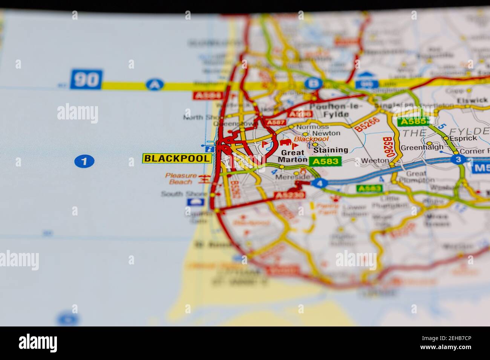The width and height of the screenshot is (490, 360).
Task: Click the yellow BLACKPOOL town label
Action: (x=177, y=159)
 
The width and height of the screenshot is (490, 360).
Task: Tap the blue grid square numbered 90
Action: (x=86, y=79)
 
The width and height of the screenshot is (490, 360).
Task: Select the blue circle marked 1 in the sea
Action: (x=84, y=162)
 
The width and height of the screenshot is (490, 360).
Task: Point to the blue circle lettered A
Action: (x=153, y=85)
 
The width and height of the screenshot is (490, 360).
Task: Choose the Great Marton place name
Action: (x=292, y=156)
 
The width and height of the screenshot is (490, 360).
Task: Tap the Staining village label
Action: (x=331, y=150)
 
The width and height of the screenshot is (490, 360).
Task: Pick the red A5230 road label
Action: (x=289, y=195)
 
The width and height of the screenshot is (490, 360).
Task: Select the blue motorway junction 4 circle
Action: (x=320, y=184)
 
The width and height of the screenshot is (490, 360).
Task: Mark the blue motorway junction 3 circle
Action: (x=458, y=159)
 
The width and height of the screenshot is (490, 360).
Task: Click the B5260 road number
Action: (x=387, y=147)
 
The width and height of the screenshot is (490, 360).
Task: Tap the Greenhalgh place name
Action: (x=416, y=148)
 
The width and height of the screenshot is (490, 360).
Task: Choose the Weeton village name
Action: (x=375, y=160)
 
